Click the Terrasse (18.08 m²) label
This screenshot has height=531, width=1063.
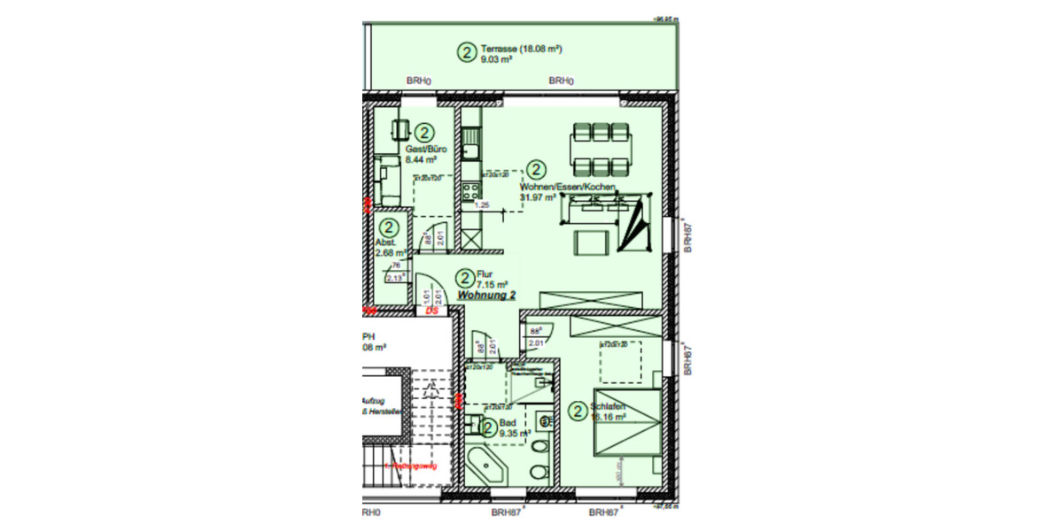point(523,49)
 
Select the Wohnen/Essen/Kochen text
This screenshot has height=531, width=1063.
point(567,187)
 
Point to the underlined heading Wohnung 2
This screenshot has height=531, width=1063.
point(486,296)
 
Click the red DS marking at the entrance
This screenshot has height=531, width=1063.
point(433,311)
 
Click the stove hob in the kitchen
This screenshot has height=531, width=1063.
point(470,191)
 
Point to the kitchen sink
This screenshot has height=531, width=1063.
point(470,140)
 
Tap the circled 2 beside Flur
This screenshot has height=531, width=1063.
point(464,280)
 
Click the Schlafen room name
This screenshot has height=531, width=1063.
point(609,406)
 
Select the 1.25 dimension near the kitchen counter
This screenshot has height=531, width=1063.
point(483,205)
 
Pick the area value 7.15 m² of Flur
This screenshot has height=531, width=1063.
point(492,285)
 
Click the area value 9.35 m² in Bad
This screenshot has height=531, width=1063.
point(515,434)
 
